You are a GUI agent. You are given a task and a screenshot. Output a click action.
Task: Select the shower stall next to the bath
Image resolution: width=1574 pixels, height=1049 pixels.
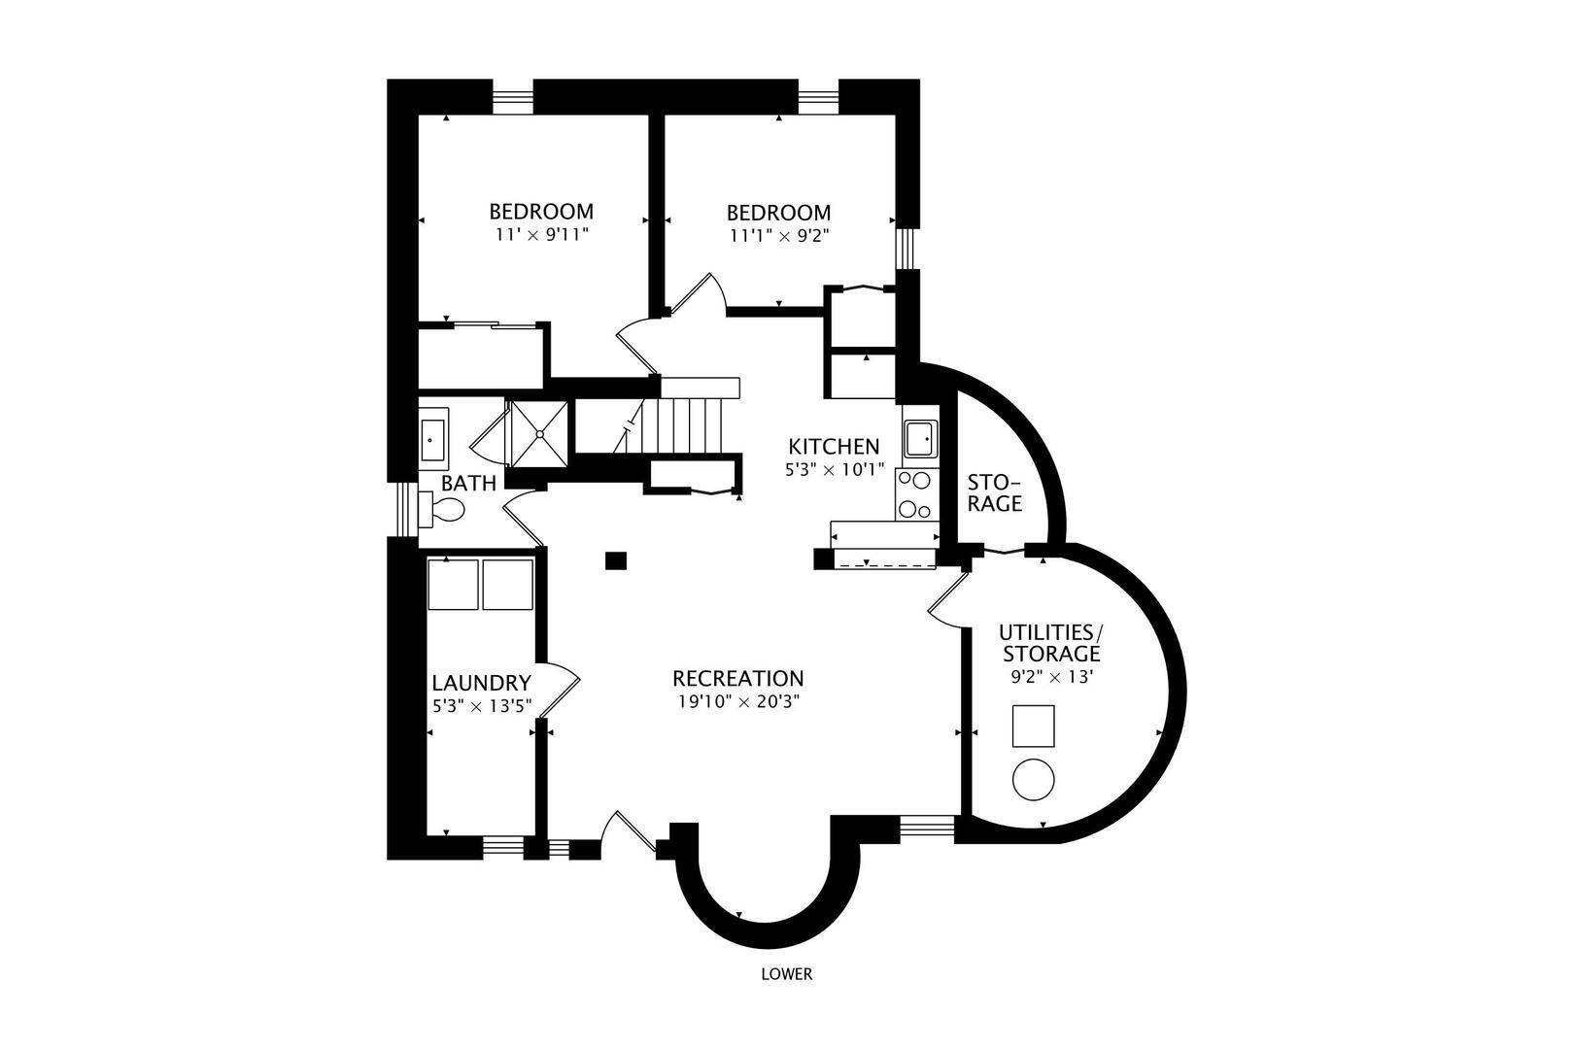pos(537,434)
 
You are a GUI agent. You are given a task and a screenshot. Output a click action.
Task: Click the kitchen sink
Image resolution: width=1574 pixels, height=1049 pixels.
pos(918,438)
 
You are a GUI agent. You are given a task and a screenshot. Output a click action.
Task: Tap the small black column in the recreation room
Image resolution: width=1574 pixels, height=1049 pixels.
pos(615,560)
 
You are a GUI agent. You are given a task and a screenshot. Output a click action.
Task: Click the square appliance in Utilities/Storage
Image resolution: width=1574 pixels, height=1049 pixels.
pos(1033,726)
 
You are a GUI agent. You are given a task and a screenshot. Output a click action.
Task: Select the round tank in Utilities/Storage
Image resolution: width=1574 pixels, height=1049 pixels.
pos(1034,779)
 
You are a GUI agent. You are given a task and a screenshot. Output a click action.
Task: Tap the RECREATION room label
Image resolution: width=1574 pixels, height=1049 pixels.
pos(737,678)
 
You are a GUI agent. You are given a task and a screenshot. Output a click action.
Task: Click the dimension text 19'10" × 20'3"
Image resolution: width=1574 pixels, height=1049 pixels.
pos(737,700)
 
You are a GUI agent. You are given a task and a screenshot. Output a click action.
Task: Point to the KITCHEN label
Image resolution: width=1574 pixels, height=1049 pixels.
pos(834,447)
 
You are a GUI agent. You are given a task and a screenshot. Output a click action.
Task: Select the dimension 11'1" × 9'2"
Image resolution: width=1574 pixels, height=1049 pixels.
pos(779,234)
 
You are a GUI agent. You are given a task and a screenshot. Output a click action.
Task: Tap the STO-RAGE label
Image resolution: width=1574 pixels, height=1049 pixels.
pos(995,493)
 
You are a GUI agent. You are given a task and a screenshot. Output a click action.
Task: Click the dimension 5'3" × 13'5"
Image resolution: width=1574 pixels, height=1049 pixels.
pos(482,705)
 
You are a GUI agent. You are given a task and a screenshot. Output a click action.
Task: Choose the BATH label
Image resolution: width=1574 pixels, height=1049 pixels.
pos(468,483)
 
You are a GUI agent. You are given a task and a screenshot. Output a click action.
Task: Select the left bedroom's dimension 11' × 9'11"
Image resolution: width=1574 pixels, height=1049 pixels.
pos(541,234)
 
